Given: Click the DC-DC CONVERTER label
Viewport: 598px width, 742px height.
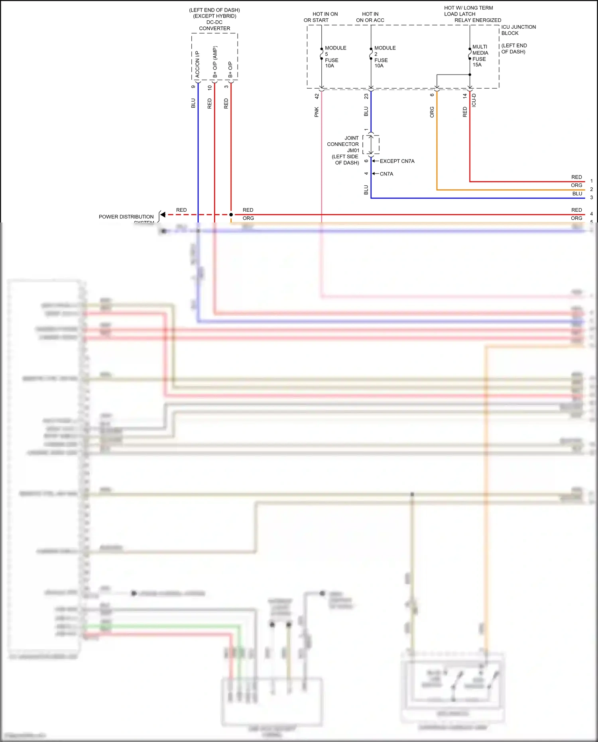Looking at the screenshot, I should point(214,25).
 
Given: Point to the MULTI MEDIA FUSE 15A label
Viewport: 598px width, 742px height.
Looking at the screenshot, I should point(480,56).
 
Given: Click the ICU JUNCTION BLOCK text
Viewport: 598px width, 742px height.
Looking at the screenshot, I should point(518,30).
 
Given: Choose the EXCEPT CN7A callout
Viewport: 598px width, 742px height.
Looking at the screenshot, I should point(397,161).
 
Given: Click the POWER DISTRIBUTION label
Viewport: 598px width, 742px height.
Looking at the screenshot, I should point(126,216).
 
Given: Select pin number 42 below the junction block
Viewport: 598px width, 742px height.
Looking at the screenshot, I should point(317,96).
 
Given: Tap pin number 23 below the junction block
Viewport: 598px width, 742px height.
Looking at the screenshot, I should point(366,96).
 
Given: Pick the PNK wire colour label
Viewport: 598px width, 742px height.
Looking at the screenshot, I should point(317,112).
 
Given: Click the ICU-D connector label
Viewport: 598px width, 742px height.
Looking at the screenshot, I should point(474,100).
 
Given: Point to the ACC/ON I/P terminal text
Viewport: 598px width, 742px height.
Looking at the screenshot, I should point(197,64).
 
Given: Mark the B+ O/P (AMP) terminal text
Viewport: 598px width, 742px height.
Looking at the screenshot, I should point(215,62).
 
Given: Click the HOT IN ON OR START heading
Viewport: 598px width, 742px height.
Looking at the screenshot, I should point(321,17).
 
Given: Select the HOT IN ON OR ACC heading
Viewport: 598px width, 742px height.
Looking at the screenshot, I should point(370,17).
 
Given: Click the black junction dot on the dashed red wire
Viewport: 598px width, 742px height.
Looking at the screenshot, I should point(231,215).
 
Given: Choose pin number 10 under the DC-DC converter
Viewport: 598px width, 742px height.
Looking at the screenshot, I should point(210,87).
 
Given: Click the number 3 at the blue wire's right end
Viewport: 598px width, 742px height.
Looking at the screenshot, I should point(591,197).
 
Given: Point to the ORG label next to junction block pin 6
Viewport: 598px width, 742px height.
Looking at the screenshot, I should point(432,112).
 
